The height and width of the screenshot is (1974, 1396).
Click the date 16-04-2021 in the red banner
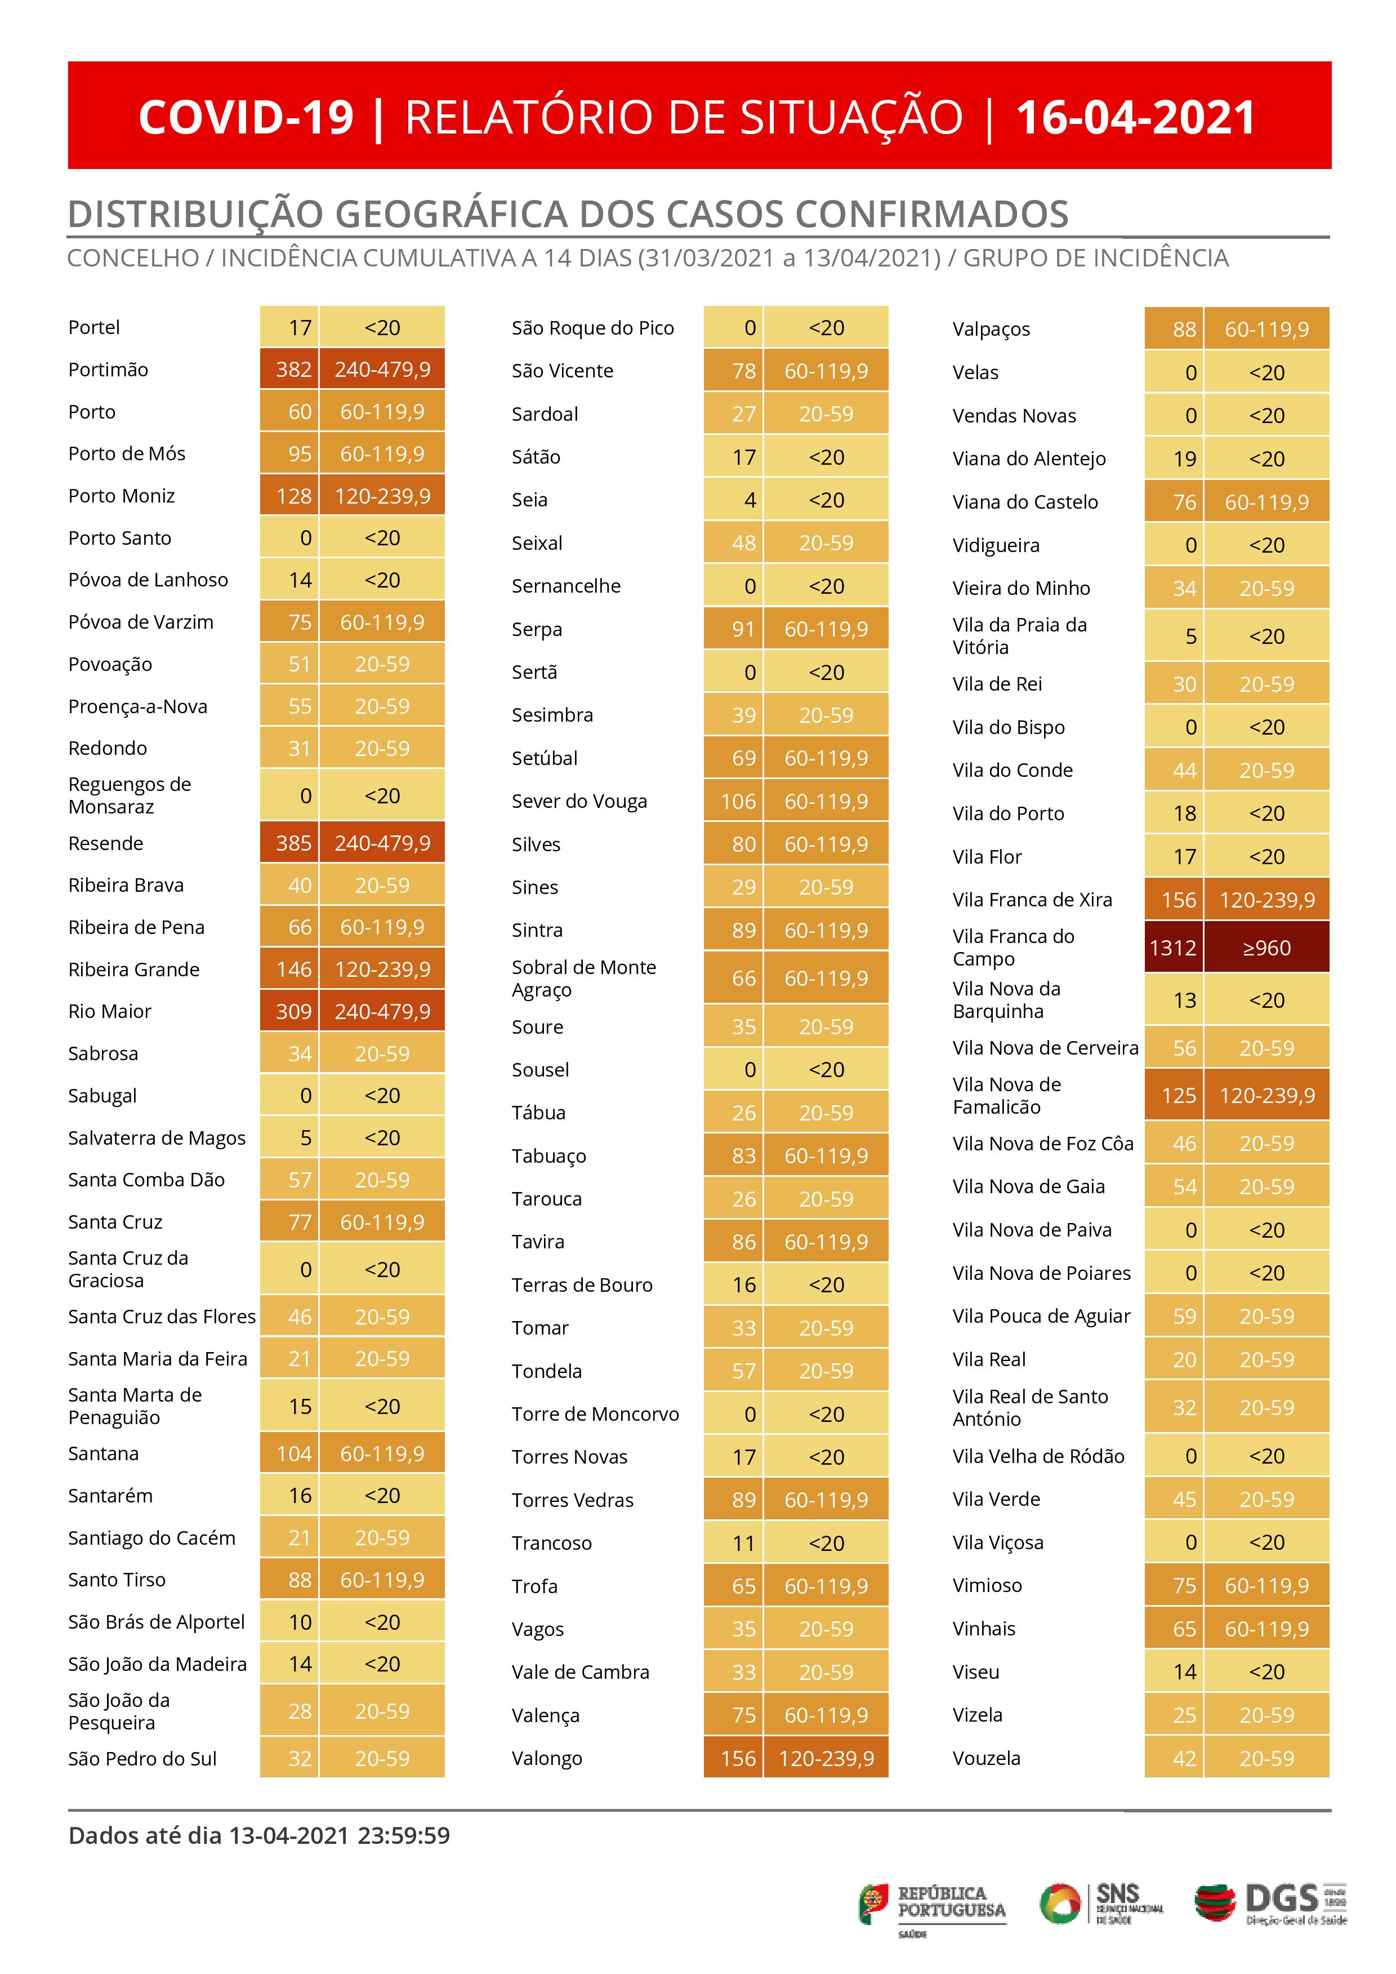point(1135,118)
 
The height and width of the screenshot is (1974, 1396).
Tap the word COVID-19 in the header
point(246,118)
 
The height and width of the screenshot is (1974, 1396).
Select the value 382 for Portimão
point(293,370)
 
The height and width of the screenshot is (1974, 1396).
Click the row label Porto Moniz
point(121,496)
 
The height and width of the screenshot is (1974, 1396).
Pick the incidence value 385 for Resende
point(293,843)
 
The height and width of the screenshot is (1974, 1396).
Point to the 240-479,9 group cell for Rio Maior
point(382,1012)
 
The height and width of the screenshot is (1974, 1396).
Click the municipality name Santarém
point(110,1496)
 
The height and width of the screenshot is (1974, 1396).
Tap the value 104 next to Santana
point(293,1454)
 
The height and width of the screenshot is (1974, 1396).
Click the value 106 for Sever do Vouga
point(738,801)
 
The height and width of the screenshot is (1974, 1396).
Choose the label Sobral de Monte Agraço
point(583,979)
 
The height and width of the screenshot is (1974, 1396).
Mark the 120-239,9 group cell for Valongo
point(826,1759)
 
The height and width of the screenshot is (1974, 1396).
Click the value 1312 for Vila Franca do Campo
point(1172,948)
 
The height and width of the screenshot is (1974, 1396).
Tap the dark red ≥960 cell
point(1266,948)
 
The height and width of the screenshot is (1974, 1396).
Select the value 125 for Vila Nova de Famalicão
point(1178,1096)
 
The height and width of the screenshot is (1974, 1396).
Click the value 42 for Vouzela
point(1184,1759)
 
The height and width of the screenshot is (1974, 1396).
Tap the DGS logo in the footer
point(1270,1904)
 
